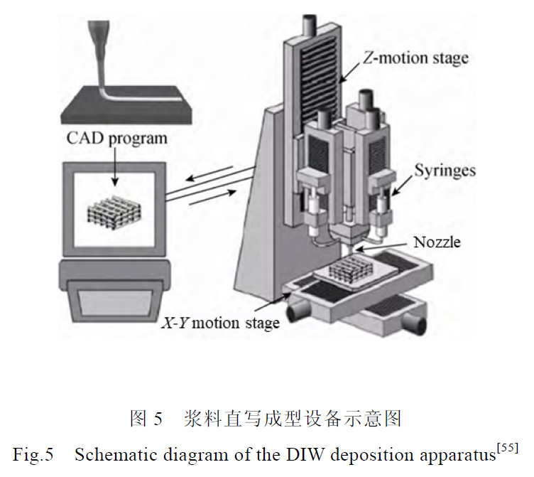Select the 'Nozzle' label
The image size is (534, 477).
click(x=437, y=242)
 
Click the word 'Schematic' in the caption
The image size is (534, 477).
click(x=107, y=454)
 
